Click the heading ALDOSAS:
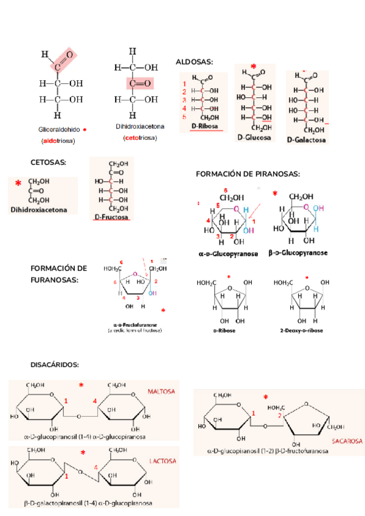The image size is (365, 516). pyautogui.click(x=194, y=62)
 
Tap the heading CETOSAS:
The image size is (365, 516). pyautogui.click(x=48, y=162)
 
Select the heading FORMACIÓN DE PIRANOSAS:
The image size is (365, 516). pyautogui.click(x=248, y=174)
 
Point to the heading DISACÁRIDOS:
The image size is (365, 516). pyautogui.click(x=55, y=364)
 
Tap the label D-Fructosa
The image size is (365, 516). pyautogui.click(x=111, y=217)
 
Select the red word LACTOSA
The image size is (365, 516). pyautogui.click(x=162, y=461)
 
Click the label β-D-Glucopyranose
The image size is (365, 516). pyautogui.click(x=298, y=253)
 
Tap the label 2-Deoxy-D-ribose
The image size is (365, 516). pyautogui.click(x=301, y=330)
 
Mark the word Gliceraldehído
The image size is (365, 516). pyautogui.click(x=59, y=130)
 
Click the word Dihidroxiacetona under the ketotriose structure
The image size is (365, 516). pyautogui.click(x=140, y=127)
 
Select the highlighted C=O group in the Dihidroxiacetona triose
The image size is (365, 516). pyautogui.click(x=140, y=82)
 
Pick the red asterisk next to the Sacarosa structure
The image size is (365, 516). pyautogui.click(x=266, y=398)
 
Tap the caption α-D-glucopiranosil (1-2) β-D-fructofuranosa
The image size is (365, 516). pyautogui.click(x=268, y=451)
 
